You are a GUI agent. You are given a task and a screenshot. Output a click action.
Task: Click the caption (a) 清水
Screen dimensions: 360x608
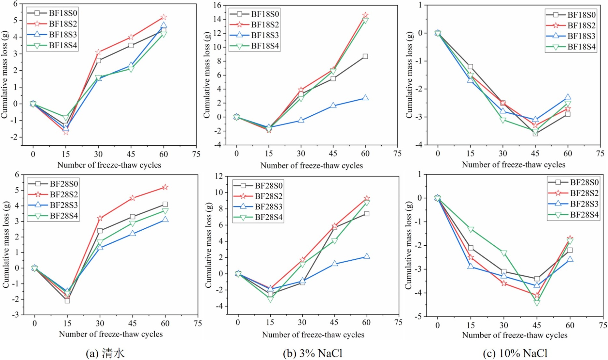[x=105, y=353]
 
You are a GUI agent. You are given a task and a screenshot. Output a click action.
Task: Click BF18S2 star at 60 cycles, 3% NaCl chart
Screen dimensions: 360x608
[x=365, y=15]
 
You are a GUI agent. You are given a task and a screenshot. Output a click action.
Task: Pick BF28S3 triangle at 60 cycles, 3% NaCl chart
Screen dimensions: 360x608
[x=367, y=256]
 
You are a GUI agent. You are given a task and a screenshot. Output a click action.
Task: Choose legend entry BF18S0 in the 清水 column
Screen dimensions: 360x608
[x=63, y=13]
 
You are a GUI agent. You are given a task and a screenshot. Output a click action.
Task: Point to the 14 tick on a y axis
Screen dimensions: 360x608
[x=217, y=19]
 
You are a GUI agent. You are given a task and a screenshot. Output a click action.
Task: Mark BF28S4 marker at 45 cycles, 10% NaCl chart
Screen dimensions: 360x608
[x=537, y=303]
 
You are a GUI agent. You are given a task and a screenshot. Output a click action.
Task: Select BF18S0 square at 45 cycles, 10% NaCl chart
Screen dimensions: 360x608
[x=535, y=133]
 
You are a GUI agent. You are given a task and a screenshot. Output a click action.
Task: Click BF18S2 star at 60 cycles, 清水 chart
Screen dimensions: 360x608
[x=163, y=17]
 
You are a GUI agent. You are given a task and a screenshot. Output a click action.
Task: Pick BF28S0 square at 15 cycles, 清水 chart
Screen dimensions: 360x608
[x=67, y=300]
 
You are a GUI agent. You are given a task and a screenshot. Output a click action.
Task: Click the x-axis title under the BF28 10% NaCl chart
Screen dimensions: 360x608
[x=515, y=335]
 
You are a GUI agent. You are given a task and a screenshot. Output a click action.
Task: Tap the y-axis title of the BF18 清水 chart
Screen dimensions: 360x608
[x=5, y=75]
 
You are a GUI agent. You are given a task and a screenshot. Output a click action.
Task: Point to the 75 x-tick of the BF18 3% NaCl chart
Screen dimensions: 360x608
[x=397, y=153]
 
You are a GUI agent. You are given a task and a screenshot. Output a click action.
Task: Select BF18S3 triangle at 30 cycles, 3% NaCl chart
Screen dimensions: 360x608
[x=301, y=120]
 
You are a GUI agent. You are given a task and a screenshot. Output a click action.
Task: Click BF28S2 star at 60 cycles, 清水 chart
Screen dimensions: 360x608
[x=165, y=187]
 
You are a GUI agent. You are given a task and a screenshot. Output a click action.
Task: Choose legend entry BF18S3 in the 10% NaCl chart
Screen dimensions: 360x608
[x=581, y=36]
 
